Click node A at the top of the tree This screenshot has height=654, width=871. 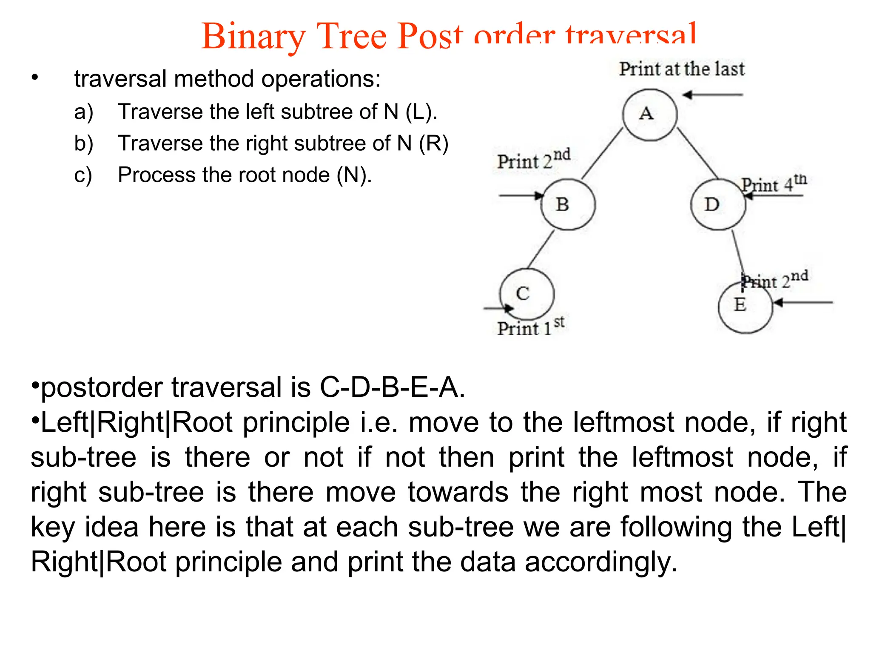(x=649, y=115)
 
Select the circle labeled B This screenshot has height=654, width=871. (x=568, y=204)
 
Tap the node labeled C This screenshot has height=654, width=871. (x=527, y=294)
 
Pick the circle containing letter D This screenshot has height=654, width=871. (x=718, y=204)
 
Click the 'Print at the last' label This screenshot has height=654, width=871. (x=681, y=69)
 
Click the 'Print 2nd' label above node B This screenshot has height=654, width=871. (x=534, y=160)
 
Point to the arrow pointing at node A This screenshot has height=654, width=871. (x=713, y=95)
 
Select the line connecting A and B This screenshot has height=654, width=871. (x=602, y=153)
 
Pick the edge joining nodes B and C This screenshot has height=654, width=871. (x=541, y=250)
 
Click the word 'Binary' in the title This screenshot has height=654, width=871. (x=253, y=37)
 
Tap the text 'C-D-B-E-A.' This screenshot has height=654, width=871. (x=392, y=387)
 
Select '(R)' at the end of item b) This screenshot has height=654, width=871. (x=433, y=143)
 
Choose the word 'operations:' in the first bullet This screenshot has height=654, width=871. (x=321, y=79)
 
